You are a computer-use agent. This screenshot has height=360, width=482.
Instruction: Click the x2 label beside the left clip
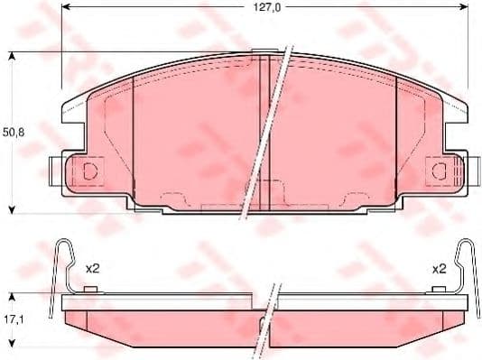[92, 269]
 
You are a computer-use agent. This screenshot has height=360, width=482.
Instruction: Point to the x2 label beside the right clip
[440, 269]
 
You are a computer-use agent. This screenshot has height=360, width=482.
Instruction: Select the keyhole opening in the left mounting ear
[89, 171]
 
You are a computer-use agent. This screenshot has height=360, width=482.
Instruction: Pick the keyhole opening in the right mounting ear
[440, 171]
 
